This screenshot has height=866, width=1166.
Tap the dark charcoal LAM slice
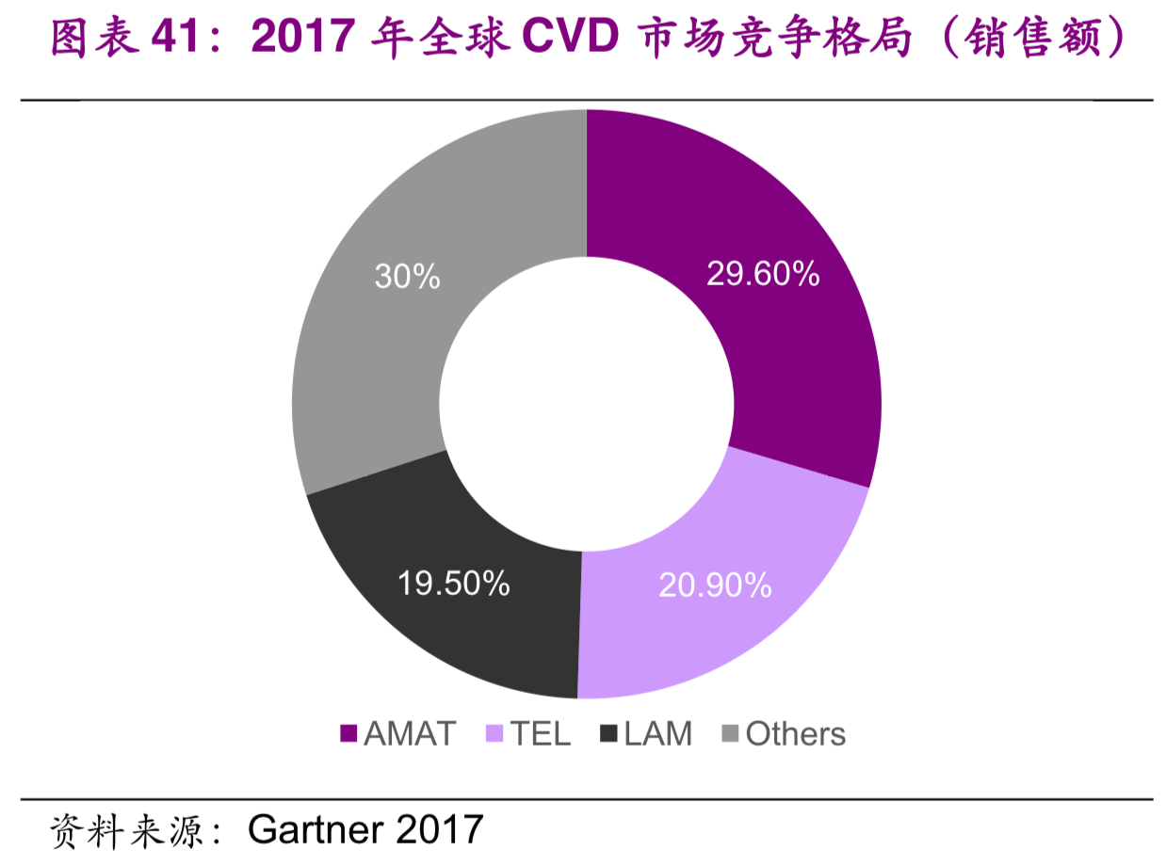(452, 602)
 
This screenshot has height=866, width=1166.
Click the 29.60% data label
(763, 274)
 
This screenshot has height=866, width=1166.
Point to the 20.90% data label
(715, 585)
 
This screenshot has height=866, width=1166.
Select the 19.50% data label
(453, 583)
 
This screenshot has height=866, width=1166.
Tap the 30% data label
(407, 276)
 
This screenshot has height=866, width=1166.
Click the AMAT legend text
(410, 734)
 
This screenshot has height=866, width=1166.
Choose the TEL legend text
(541, 734)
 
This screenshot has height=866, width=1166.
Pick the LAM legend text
(657, 734)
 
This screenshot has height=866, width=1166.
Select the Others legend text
(795, 734)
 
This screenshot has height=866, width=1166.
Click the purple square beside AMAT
(349, 734)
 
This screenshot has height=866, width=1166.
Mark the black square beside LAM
(608, 734)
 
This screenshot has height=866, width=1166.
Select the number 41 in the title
(179, 39)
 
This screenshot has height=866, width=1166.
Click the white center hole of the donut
(586, 404)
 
